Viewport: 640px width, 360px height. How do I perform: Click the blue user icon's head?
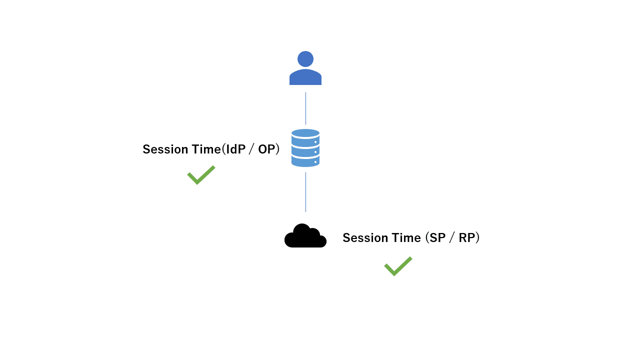tap(305, 59)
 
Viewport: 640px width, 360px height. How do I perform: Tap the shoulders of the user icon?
tap(305, 77)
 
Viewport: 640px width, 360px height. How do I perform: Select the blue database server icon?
tap(305, 148)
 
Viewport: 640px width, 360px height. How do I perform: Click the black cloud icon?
tap(305, 235)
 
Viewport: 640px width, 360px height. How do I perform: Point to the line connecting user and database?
tap(305, 108)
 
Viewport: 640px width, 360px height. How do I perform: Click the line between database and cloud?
tap(305, 192)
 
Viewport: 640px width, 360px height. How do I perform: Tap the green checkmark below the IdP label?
tap(201, 175)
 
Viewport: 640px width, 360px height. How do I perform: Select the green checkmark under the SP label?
tap(398, 266)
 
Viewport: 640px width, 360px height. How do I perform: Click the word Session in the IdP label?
tap(165, 149)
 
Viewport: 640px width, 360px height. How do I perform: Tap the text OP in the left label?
tap(266, 149)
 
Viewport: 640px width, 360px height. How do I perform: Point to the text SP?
tap(437, 238)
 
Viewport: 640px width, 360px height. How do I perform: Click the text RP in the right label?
tap(467, 238)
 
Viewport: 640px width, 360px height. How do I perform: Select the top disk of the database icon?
tap(305, 133)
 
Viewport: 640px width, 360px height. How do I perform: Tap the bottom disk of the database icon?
tap(305, 161)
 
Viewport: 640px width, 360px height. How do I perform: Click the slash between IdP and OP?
tap(251, 149)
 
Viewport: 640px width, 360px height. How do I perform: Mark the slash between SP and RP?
tap(452, 238)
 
